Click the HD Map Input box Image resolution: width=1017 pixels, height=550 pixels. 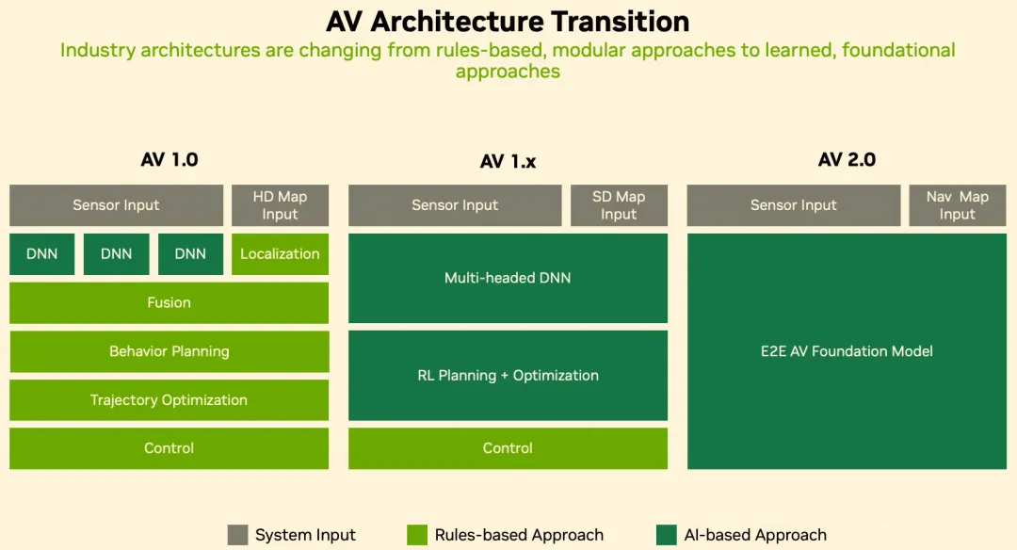coord(281,205)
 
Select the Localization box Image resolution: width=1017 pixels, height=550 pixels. coord(281,253)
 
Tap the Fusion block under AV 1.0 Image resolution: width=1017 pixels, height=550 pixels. coord(169,302)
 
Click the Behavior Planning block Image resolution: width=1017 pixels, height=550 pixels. coord(169,351)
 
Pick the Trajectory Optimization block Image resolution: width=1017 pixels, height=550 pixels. coord(169,399)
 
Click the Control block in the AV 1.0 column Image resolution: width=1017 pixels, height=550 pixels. coord(169,448)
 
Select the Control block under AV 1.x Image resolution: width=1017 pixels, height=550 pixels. coord(508,448)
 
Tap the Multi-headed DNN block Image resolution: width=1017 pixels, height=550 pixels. coord(508,278)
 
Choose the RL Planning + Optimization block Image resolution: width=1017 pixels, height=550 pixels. coord(508,376)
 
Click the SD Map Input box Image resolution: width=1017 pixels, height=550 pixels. coord(619,205)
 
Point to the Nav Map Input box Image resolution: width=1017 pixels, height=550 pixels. coord(958,205)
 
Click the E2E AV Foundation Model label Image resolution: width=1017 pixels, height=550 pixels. coord(847,351)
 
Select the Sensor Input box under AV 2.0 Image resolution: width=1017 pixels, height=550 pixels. coord(794,205)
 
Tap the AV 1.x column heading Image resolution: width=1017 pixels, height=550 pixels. coord(508,161)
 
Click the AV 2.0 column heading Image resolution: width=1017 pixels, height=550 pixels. coord(847,159)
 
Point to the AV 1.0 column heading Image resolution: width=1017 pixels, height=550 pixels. coord(169,159)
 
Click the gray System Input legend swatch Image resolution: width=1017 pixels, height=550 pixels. coord(237,535)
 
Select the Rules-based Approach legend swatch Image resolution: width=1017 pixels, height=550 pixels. coord(417,535)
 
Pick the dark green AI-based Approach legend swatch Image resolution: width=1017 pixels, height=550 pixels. coord(667,535)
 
